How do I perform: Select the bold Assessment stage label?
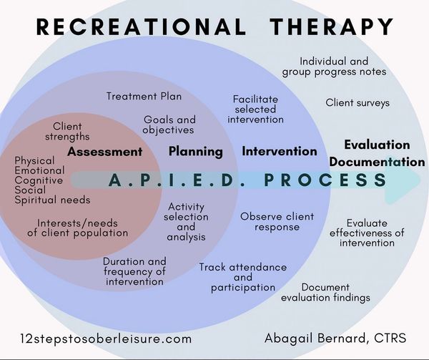(105, 152)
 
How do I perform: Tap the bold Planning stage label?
(195, 152)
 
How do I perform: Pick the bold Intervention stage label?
(280, 152)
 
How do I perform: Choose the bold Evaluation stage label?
(377, 145)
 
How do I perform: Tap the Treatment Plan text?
(144, 96)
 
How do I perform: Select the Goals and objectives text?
(169, 125)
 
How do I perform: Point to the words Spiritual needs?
(52, 200)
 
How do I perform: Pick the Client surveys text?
(357, 103)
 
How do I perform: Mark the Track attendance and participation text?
(242, 277)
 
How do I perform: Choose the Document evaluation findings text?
(325, 292)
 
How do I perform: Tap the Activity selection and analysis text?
(186, 222)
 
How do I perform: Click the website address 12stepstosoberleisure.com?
(107, 337)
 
